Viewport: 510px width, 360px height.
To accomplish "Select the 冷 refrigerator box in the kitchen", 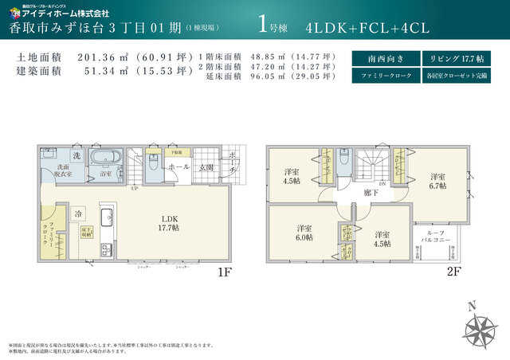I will [78, 214].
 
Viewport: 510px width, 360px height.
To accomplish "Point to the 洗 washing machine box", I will [77, 155].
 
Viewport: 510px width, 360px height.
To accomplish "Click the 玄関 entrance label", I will [206, 167].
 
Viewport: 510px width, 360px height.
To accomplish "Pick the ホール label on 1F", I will [178, 167].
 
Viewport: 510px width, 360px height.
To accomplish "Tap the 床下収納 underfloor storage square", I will [85, 232].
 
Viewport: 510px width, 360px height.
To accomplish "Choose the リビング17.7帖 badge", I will [452, 59].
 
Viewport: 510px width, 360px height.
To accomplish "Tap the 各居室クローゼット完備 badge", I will [452, 76].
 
